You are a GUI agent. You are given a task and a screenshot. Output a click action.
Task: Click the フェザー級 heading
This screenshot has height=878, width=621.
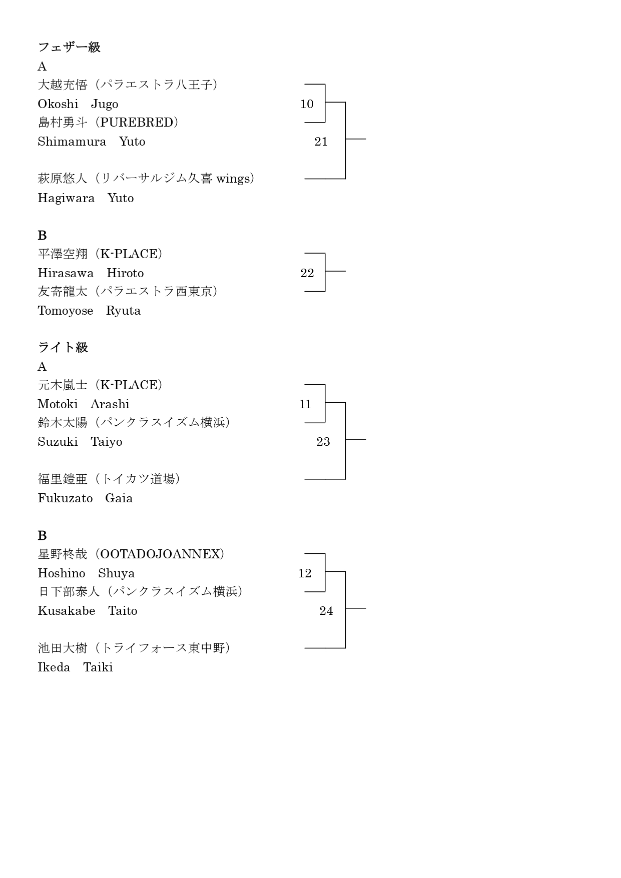coord(69,47)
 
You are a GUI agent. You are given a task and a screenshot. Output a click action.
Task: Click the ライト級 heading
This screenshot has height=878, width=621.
coord(63,347)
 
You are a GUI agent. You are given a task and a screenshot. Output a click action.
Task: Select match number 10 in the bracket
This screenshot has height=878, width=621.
coord(307,104)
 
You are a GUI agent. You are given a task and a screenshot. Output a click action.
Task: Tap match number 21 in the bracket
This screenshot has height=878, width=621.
coord(321,142)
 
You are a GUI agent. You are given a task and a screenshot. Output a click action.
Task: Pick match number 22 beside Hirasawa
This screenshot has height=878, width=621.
coord(307,273)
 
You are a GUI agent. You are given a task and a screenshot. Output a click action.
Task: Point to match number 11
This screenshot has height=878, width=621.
coord(305,404)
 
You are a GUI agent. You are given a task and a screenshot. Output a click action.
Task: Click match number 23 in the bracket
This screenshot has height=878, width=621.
coord(323,442)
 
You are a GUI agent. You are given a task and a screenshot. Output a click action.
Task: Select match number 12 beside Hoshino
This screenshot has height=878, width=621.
coord(305,573)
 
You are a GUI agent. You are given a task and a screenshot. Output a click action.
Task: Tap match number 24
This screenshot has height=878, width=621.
coord(326,611)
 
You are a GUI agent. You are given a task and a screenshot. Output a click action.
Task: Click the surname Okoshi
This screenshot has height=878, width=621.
coord(58,104)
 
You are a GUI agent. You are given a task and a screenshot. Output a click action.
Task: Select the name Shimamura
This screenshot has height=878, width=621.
coord(72,142)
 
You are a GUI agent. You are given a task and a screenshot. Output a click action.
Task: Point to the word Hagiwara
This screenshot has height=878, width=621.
coord(66,198)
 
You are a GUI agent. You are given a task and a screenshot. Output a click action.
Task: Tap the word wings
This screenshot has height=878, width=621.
coord(233,179)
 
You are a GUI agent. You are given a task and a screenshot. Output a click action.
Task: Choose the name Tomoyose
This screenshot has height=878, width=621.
coord(66,311)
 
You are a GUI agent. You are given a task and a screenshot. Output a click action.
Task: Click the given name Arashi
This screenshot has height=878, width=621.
coord(110,404)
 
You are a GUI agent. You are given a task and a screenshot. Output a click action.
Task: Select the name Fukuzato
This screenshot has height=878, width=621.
coord(66,498)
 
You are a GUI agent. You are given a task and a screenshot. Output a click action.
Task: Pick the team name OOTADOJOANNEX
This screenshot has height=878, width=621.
coord(160,554)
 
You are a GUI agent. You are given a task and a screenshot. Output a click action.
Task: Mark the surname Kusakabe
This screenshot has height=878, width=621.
coord(67,611)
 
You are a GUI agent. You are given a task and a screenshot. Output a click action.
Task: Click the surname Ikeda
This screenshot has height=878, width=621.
coord(54,667)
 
